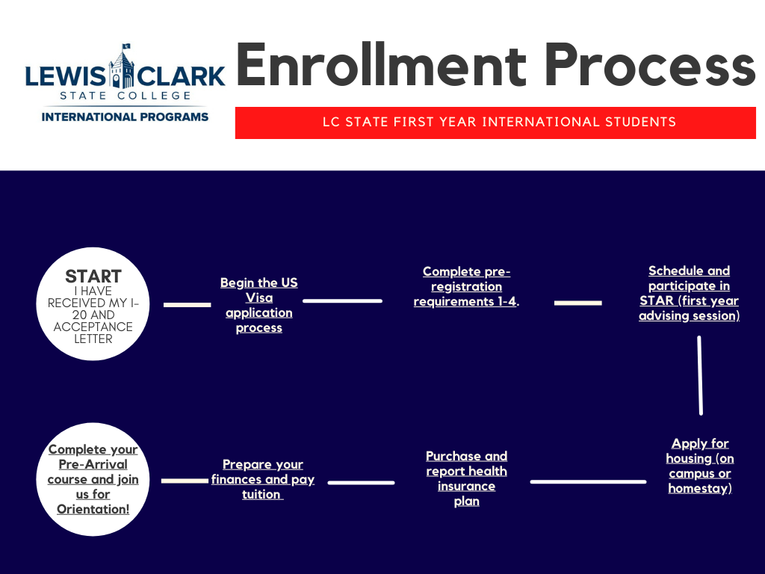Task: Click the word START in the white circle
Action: tap(93, 277)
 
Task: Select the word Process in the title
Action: tap(649, 66)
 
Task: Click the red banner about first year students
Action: tap(495, 123)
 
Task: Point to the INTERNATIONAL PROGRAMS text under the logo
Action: tap(125, 117)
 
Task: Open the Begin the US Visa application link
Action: tap(259, 305)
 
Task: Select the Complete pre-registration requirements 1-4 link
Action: tap(466, 286)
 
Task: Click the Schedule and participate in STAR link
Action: tap(689, 293)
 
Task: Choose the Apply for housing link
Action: tap(700, 466)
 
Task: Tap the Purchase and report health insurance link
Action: tap(466, 478)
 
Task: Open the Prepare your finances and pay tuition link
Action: tap(262, 479)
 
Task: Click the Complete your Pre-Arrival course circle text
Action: tap(93, 479)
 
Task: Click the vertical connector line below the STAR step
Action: tap(700, 375)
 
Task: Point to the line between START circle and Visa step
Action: tap(188, 305)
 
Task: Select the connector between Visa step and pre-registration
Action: tap(342, 300)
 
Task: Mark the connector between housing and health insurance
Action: tap(589, 482)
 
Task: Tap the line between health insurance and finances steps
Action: tap(361, 483)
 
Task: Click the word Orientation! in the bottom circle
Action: tap(93, 509)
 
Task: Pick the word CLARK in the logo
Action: tap(181, 77)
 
